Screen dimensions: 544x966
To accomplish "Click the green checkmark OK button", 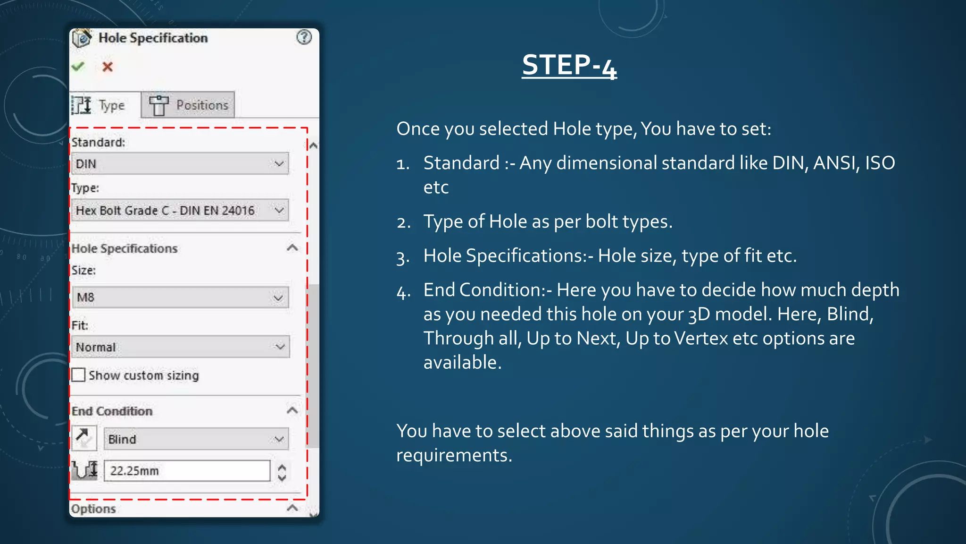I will point(78,67).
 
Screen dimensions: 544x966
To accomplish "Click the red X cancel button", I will point(108,67).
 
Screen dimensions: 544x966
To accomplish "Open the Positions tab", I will point(188,105).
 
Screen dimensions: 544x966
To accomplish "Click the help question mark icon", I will point(304,37).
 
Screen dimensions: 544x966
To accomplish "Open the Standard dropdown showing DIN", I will point(180,164).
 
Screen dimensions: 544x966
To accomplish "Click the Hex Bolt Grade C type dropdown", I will point(180,210).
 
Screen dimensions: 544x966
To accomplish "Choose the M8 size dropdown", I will point(180,297).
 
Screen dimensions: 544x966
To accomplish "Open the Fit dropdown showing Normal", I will point(180,347).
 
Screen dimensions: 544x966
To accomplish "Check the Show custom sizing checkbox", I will point(79,375).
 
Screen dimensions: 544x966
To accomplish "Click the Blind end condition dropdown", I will point(196,439).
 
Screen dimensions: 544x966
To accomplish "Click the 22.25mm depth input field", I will point(187,471).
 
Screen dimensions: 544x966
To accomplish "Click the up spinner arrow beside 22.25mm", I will point(282,467).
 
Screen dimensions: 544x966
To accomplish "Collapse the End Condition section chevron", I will point(292,410).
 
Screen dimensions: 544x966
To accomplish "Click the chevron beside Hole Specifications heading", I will point(292,248).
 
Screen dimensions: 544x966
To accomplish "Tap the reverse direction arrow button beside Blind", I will point(84,438).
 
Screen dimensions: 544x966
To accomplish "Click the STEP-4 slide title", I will point(569,65).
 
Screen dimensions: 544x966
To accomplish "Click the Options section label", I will point(93,509).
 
